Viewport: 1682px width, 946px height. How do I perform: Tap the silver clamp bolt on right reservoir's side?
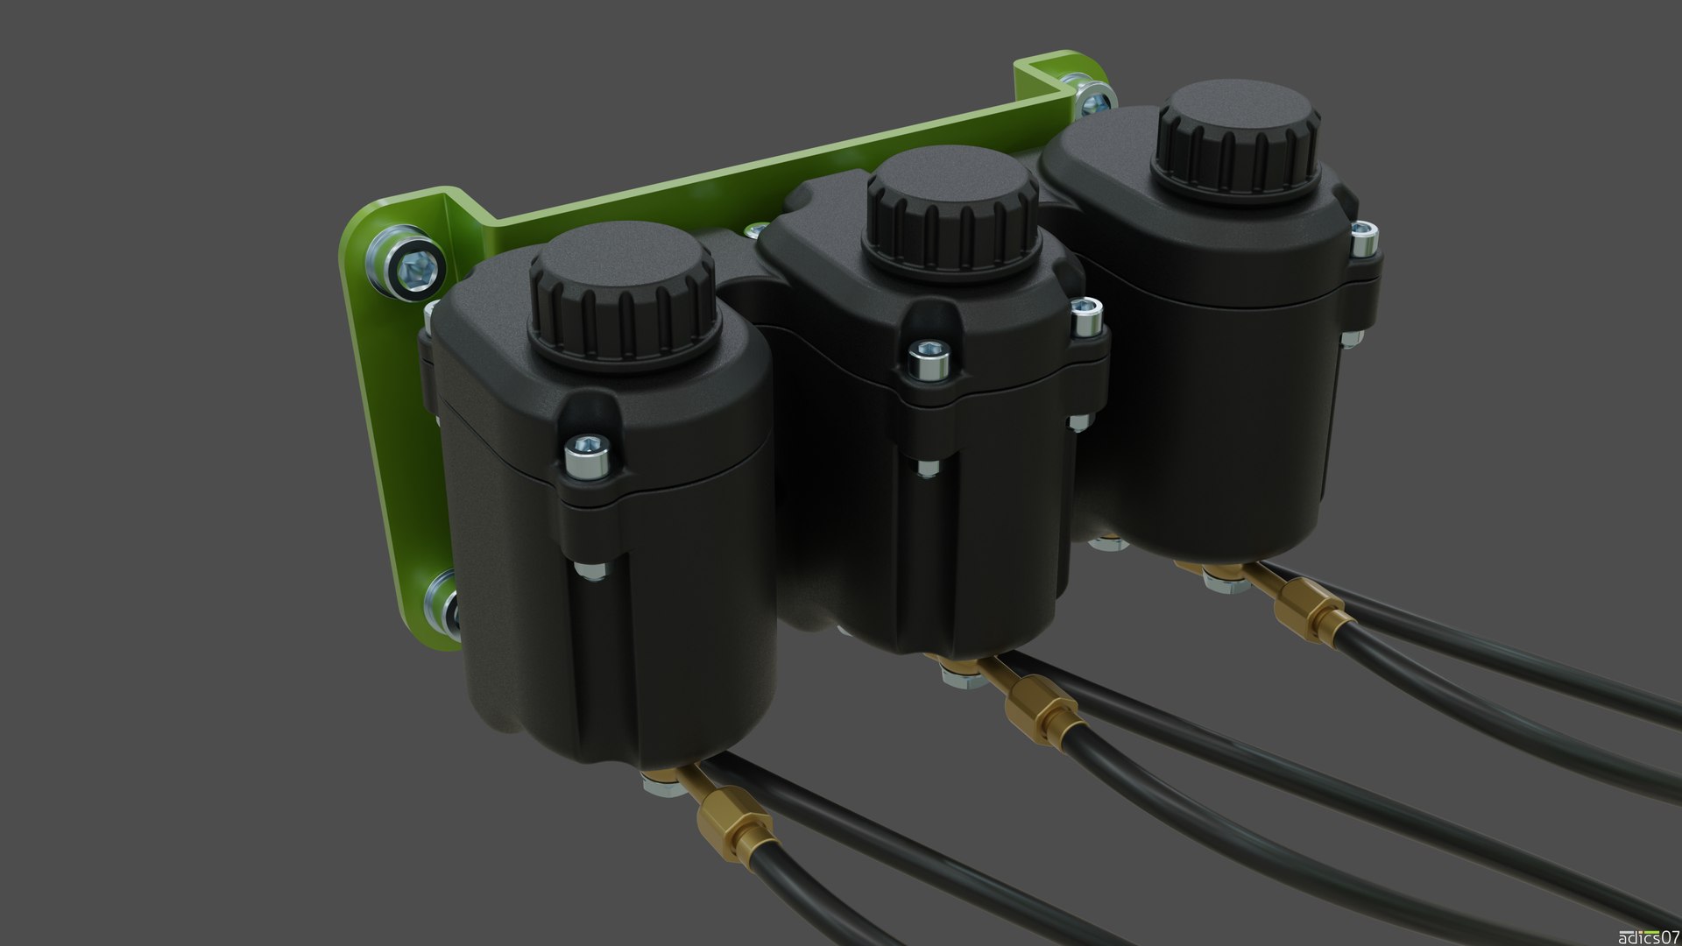coord(1362,241)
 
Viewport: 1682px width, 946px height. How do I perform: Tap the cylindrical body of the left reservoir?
coord(613,631)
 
